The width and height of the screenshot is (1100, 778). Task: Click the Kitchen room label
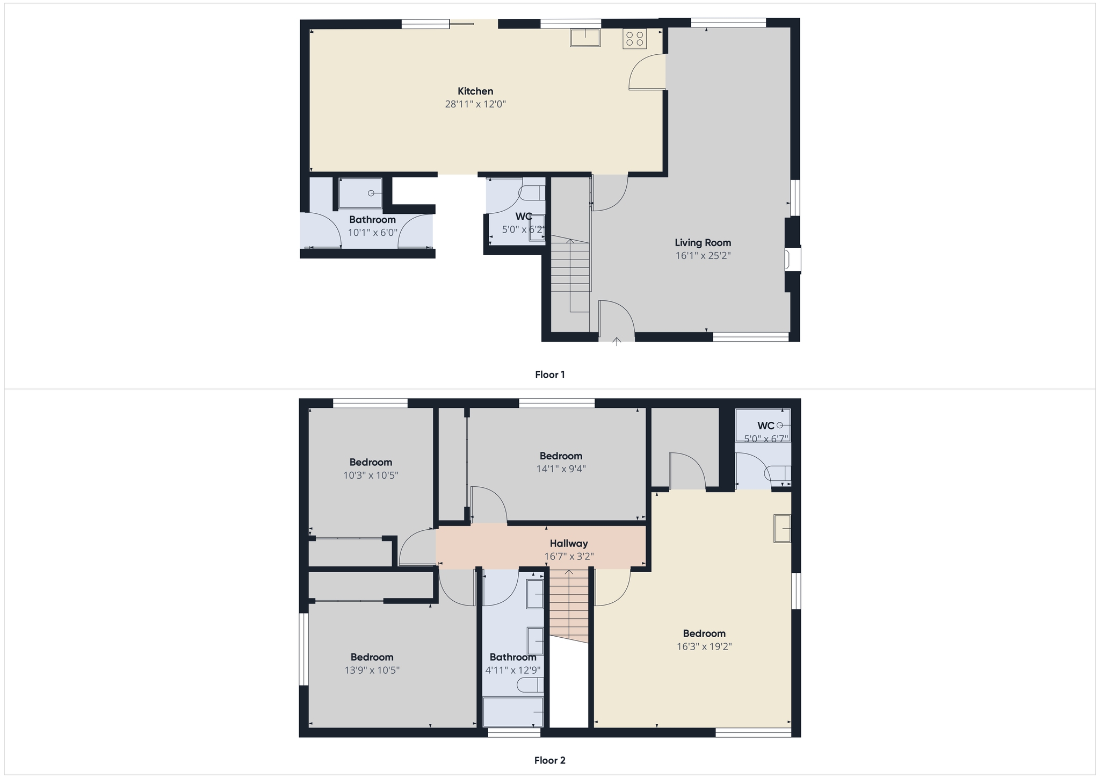tap(475, 91)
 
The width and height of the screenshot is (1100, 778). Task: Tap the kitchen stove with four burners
tap(634, 38)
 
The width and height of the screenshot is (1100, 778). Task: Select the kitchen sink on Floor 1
tap(585, 38)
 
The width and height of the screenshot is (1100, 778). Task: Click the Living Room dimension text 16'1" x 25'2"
tap(703, 256)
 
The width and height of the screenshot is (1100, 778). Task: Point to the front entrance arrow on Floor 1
tap(617, 341)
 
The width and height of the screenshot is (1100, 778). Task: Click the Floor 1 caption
tap(549, 374)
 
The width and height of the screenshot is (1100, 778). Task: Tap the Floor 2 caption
tap(549, 760)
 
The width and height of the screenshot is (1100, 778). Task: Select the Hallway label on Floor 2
tap(569, 544)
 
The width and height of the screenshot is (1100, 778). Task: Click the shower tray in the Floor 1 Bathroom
tap(360, 193)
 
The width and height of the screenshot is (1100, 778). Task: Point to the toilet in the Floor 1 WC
tap(532, 192)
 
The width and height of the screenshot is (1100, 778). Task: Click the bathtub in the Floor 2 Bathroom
tap(513, 712)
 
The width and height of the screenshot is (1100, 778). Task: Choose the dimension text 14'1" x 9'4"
tap(561, 469)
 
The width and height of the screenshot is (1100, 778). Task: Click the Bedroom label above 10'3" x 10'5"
tap(371, 462)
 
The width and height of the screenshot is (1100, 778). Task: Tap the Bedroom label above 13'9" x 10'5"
tap(372, 657)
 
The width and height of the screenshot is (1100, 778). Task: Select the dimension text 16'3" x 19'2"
tap(704, 646)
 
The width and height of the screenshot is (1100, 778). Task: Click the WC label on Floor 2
tap(766, 426)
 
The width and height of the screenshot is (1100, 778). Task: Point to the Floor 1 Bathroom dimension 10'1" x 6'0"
tap(372, 233)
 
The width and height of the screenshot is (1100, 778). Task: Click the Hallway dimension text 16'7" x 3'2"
tap(569, 557)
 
